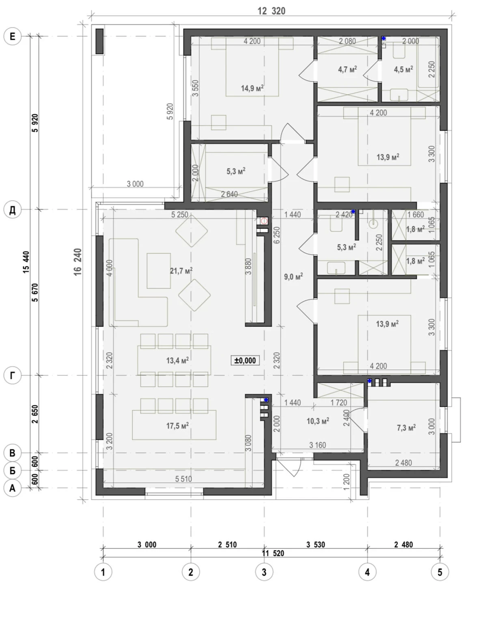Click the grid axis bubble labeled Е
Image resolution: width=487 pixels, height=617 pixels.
click(12, 37)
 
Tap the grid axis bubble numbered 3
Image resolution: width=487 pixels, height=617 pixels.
click(264, 572)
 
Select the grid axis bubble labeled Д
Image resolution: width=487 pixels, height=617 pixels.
click(12, 210)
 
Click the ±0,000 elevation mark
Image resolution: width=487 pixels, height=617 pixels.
click(245, 360)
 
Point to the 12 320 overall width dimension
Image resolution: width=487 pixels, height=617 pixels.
click(272, 11)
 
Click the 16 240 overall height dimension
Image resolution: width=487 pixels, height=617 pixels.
click(78, 262)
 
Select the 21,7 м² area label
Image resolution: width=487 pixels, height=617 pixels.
click(181, 270)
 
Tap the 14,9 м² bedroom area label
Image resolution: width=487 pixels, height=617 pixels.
click(252, 88)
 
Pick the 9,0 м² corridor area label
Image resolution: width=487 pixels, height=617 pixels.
click(293, 276)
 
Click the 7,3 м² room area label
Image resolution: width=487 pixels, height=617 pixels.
click(406, 428)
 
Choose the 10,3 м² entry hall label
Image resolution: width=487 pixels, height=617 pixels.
click(318, 421)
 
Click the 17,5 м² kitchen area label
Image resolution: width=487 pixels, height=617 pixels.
click(177, 426)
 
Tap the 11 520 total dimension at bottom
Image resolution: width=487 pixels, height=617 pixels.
click(273, 553)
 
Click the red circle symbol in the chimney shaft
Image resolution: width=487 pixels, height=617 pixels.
click(264, 221)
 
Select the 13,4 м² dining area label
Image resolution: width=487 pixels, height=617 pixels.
click(177, 360)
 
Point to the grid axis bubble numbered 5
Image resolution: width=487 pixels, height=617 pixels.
click(440, 572)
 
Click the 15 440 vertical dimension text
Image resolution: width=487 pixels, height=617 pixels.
click(26, 262)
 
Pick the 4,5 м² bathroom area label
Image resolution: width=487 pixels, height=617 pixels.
click(403, 69)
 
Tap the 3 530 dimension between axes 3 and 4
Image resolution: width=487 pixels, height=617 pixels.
click(316, 544)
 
